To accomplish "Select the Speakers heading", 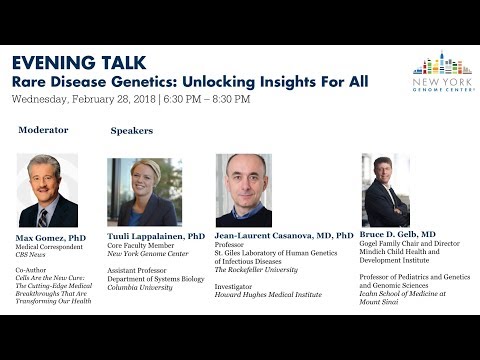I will point(131,130).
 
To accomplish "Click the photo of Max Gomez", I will point(47,191).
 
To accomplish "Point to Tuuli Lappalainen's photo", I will point(145,191).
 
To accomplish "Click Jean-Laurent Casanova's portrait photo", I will point(243,190).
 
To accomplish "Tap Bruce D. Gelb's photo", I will point(386,190).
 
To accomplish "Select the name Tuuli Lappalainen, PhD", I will point(156,237).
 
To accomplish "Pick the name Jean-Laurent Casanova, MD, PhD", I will point(284,236).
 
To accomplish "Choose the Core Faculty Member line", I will point(145,248).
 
